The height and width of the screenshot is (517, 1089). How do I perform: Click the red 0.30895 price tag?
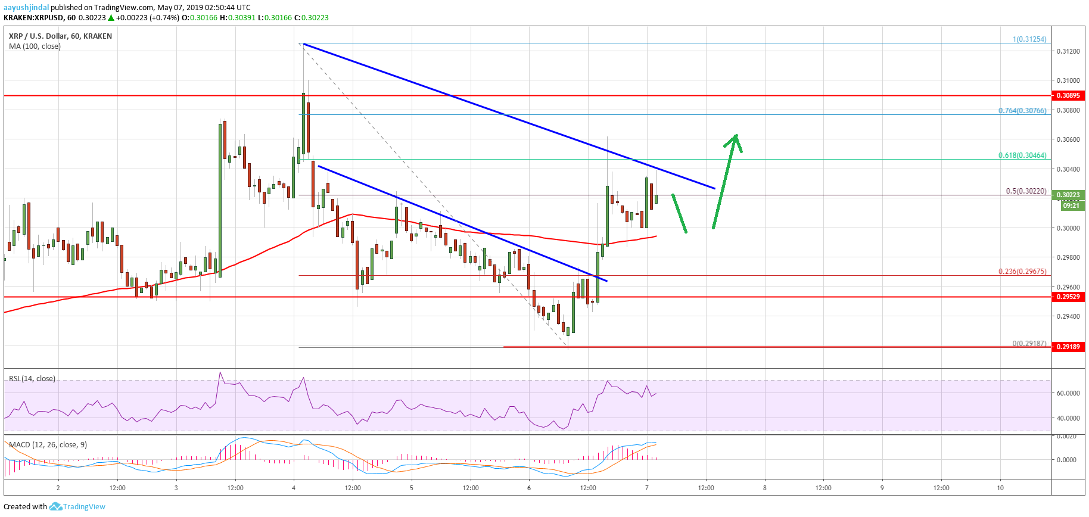[x=1068, y=95]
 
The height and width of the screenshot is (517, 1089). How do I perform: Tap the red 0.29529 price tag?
[x=1068, y=296]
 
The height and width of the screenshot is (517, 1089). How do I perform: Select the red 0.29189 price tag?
[x=1068, y=347]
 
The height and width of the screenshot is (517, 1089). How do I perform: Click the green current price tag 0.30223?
[x=1071, y=195]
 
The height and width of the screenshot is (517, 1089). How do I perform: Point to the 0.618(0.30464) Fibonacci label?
[x=1022, y=155]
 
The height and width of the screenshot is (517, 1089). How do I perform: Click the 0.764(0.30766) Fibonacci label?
[x=1022, y=111]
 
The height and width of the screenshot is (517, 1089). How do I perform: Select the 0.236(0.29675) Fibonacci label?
[x=1022, y=272]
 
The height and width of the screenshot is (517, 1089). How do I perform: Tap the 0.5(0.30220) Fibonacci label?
[x=1025, y=191]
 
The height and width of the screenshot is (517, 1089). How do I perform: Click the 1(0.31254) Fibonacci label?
[x=1029, y=39]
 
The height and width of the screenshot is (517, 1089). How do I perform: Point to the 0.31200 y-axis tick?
[x=1068, y=51]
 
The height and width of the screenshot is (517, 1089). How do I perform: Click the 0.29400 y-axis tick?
[x=1068, y=316]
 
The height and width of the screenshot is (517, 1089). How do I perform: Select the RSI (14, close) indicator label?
[x=32, y=379]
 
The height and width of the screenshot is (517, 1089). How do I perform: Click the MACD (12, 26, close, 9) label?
[x=48, y=445]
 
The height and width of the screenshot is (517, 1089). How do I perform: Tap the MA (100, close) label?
[x=35, y=46]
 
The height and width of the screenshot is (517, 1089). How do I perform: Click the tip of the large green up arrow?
[x=737, y=135]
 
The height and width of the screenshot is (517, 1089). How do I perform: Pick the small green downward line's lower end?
[x=686, y=232]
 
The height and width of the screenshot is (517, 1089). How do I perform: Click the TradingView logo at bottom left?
[x=77, y=507]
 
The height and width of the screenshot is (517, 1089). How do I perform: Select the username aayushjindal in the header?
[x=26, y=7]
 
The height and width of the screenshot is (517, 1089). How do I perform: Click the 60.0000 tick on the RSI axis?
[x=1068, y=393]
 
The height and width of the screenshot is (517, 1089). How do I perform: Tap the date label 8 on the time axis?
[x=765, y=488]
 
